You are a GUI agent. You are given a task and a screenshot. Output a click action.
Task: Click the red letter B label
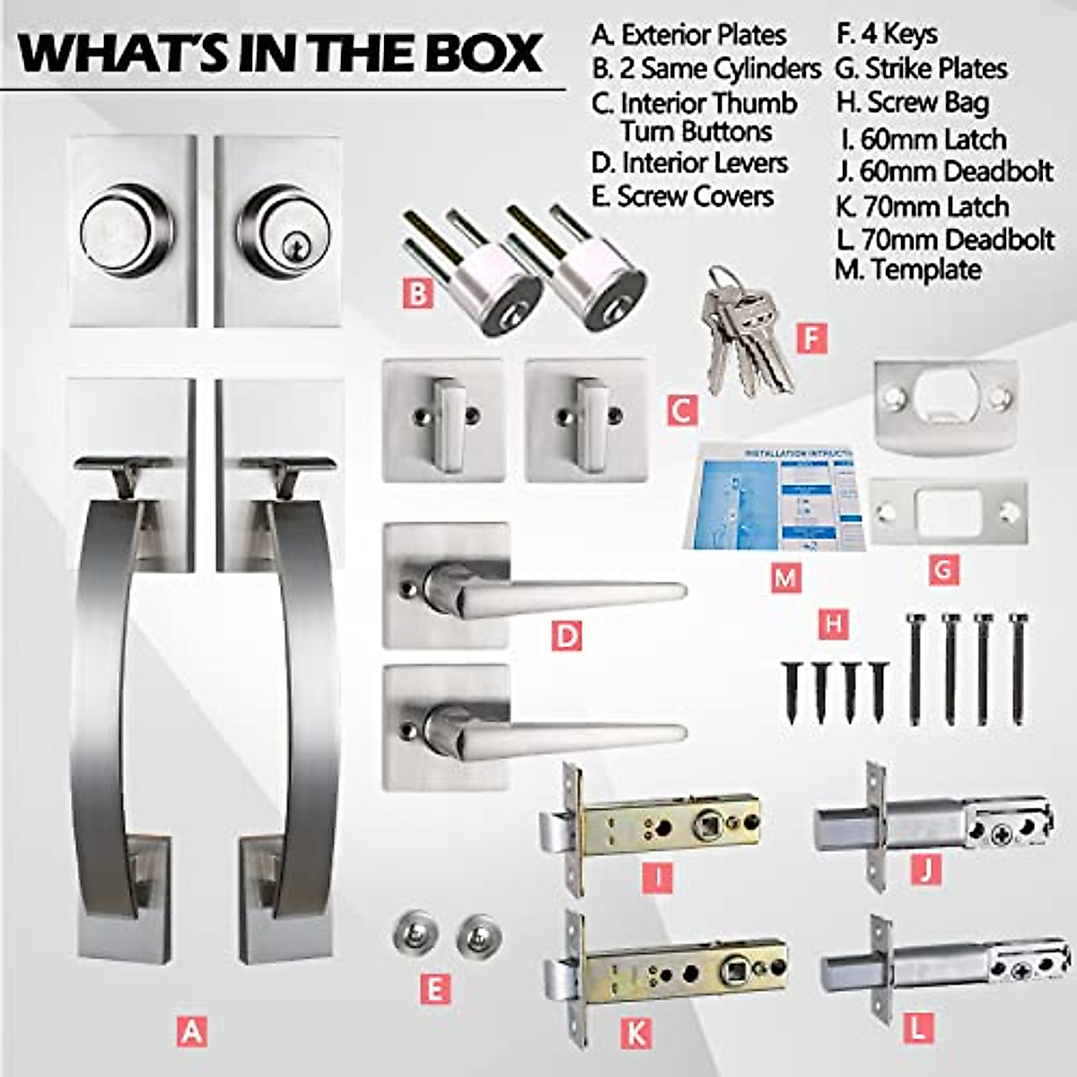(x=418, y=293)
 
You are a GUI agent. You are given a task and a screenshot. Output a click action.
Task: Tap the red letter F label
(x=811, y=338)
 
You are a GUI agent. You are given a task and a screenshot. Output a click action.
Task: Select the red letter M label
(x=786, y=578)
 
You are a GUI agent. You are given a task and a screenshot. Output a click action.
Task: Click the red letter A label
(x=191, y=1031)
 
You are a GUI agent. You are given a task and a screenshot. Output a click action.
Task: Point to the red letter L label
(x=917, y=1029)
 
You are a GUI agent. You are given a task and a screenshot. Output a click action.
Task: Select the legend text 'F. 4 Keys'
(x=887, y=35)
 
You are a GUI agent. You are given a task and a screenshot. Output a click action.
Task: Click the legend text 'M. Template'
(x=908, y=269)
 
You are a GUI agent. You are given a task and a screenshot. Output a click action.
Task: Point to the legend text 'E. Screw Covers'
(x=682, y=197)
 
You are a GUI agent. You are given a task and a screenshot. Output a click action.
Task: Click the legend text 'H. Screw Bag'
(x=912, y=103)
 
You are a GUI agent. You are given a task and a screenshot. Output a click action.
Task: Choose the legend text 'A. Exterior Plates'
(x=688, y=35)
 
